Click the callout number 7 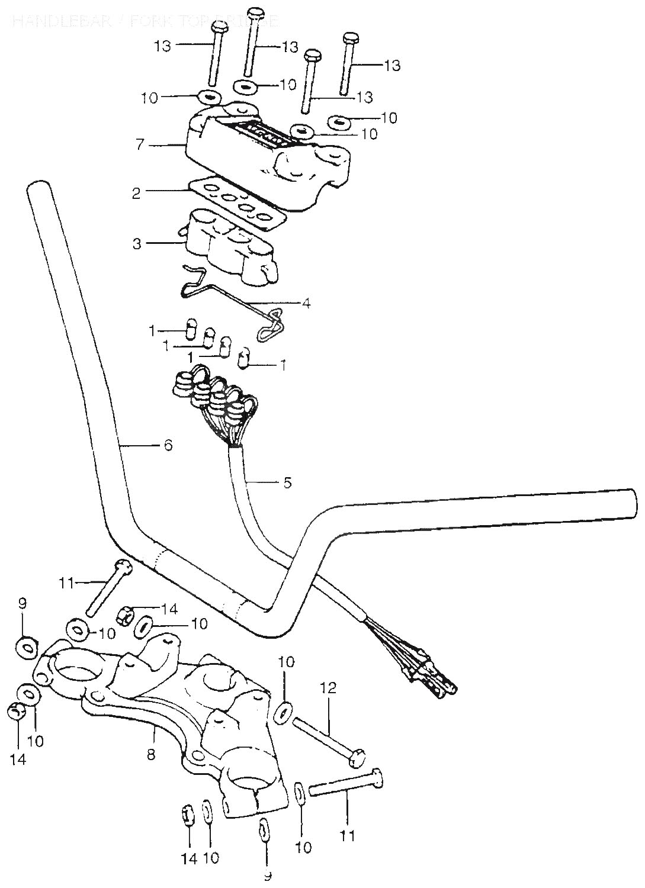point(140,144)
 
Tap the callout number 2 point(136,194)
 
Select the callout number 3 point(137,243)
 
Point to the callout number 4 point(305,303)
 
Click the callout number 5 point(287,482)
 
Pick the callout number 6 point(168,445)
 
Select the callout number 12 point(329,688)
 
